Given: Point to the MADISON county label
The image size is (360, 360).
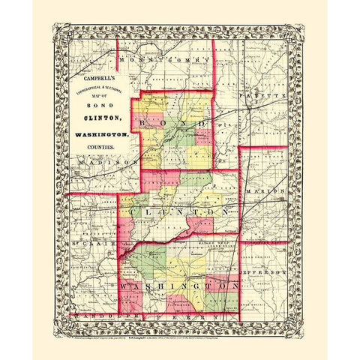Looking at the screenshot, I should point(97,161).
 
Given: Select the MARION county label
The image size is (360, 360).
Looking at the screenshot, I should point(267,190).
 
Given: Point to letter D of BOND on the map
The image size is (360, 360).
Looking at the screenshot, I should point(203,121).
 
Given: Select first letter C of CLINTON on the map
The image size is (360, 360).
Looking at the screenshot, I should point(133,212).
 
